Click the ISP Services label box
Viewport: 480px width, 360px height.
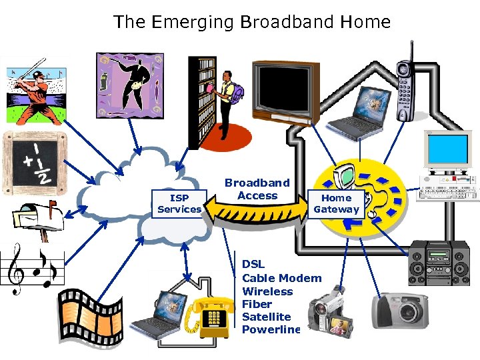pos(179,204)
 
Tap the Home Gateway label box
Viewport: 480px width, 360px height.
pos(336,203)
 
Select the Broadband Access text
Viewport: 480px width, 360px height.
pos(257,189)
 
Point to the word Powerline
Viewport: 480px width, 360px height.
pos(271,329)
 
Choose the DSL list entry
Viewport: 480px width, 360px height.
pos(253,265)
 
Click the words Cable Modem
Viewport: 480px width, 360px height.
pos(281,278)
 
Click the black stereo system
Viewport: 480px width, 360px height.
pos(438,263)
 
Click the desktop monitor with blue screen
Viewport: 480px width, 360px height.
pos(448,151)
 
